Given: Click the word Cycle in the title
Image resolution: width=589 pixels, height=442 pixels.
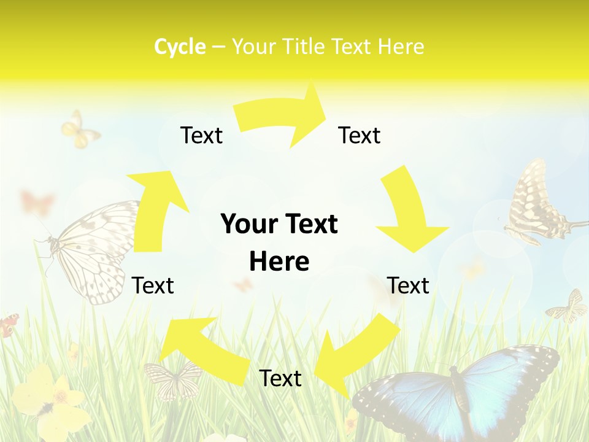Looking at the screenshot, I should point(180,47).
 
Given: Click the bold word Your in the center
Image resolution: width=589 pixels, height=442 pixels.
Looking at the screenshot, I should point(245,224).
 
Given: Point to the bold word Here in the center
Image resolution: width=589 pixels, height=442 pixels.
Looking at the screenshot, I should point(279,262).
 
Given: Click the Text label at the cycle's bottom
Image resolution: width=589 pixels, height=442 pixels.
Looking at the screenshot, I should point(280,378).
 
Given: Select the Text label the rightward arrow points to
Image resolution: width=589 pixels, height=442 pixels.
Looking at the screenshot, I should point(360,135).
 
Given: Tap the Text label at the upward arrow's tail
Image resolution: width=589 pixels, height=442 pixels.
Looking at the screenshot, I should point(153,285).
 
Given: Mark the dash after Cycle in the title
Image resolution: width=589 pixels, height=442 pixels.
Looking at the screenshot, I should point(218,47).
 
